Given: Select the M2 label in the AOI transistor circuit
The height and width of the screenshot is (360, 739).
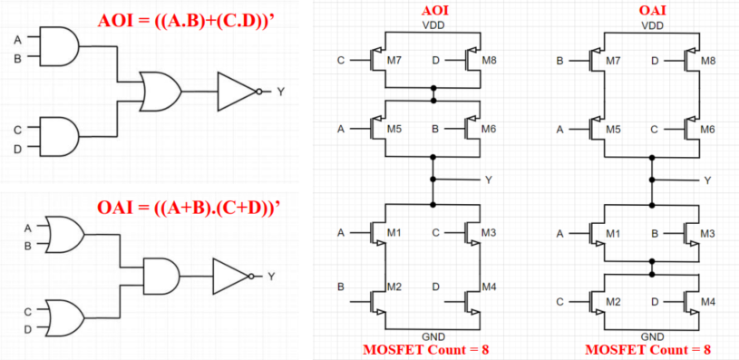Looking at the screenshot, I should click(394, 287).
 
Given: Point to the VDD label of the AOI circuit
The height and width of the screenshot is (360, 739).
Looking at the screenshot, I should click(434, 24).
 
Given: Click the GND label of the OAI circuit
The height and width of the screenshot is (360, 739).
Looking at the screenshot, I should click(652, 336).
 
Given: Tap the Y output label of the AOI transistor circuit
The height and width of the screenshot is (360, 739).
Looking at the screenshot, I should click(488, 180).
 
